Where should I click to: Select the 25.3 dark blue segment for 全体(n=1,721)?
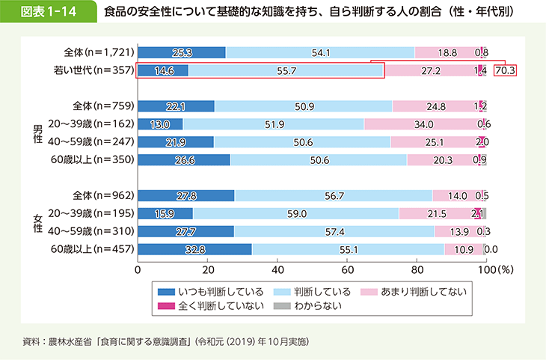coord(182,52)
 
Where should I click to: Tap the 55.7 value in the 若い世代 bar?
coord(286,71)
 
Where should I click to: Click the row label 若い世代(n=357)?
coord(98,71)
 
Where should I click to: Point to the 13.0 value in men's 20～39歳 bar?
coord(161,123)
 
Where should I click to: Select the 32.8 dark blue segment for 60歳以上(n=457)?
coord(195,249)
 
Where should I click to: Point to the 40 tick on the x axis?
coord(278,268)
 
